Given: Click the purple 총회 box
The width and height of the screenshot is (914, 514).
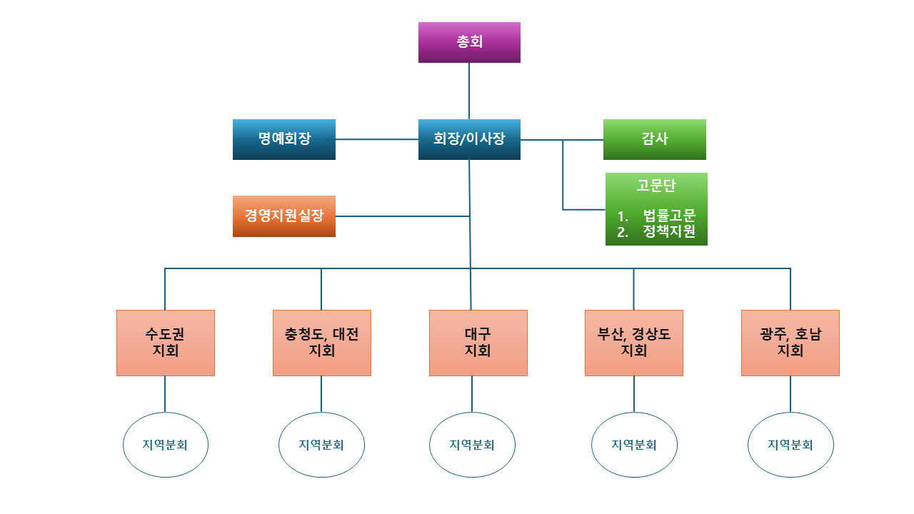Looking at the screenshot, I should (x=469, y=42).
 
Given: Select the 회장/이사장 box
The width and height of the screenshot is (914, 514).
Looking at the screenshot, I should (x=469, y=139).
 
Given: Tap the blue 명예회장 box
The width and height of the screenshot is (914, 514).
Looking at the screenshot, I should (x=284, y=139).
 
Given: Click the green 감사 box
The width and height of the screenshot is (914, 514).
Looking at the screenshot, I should (x=655, y=139).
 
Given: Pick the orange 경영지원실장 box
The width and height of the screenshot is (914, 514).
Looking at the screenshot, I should (x=284, y=216).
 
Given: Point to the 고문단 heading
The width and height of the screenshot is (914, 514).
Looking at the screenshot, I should (x=656, y=186).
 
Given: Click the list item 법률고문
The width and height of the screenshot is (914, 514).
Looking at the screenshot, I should (x=668, y=216).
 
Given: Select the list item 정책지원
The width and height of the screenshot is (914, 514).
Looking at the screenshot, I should (x=668, y=231).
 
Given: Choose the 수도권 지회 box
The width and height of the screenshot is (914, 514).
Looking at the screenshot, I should (x=166, y=343).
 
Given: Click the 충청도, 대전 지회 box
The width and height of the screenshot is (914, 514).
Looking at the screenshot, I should (x=321, y=343).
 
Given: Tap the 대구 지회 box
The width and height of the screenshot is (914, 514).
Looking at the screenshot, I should (x=478, y=343).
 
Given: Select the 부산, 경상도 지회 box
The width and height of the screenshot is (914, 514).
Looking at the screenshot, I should (x=633, y=343).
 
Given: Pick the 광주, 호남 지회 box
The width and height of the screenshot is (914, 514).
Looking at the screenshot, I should (x=790, y=343).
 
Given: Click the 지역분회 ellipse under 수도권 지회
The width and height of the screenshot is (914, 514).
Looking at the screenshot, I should (x=166, y=445).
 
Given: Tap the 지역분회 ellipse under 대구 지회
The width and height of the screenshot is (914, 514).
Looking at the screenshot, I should (x=472, y=445).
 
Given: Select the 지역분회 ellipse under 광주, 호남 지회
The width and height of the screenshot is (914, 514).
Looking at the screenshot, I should (x=790, y=445).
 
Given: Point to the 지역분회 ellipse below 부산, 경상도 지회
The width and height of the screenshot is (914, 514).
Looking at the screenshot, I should (x=634, y=445).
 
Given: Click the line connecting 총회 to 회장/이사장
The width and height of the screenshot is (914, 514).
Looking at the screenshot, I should (x=469, y=91).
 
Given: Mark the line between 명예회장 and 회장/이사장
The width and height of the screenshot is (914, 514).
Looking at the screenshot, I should (x=377, y=139).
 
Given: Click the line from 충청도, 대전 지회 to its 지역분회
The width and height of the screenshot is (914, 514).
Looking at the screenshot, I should (x=321, y=394).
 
